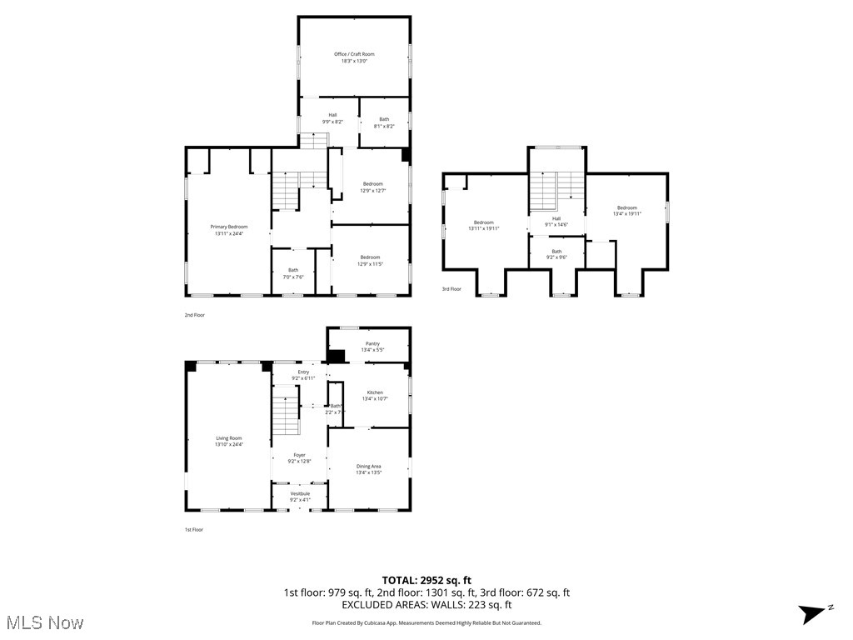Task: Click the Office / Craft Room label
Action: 354,57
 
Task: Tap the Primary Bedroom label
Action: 228,230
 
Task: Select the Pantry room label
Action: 372,347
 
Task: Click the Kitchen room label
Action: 375,395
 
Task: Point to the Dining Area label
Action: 369,469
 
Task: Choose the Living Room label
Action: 228,441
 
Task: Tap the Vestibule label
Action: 300,497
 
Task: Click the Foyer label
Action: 299,457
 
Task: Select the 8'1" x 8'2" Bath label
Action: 384,122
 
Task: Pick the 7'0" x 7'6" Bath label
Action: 293,273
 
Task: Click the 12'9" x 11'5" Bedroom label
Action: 372,260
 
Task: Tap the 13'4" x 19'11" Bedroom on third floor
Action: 626,211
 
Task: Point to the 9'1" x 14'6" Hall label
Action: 556,222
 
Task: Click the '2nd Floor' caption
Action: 194,315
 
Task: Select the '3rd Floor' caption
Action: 451,289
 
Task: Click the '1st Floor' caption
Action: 193,529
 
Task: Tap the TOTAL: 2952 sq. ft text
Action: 426,580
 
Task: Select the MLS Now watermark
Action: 45,622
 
